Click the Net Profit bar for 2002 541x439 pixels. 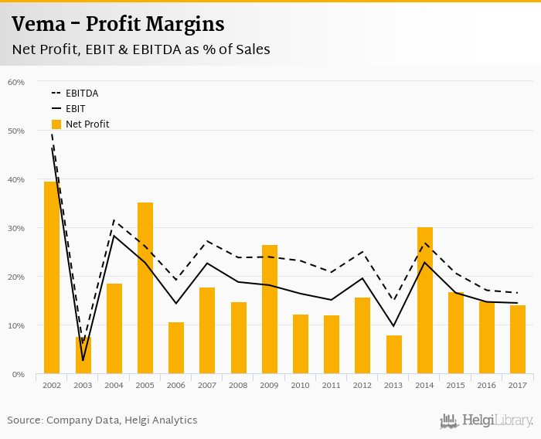click(52, 278)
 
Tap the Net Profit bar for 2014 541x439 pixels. click(424, 301)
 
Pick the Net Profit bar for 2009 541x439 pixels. click(270, 309)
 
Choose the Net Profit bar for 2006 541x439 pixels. click(176, 348)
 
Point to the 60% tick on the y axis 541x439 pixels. click(16, 82)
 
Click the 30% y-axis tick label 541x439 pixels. click(16, 228)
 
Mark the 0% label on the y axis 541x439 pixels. click(19, 374)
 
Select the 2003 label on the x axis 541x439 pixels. click(83, 384)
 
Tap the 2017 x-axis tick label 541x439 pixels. click(517, 384)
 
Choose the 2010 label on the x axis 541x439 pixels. click(300, 384)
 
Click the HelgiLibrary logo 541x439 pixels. click(486, 420)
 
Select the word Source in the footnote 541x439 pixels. click(25, 420)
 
